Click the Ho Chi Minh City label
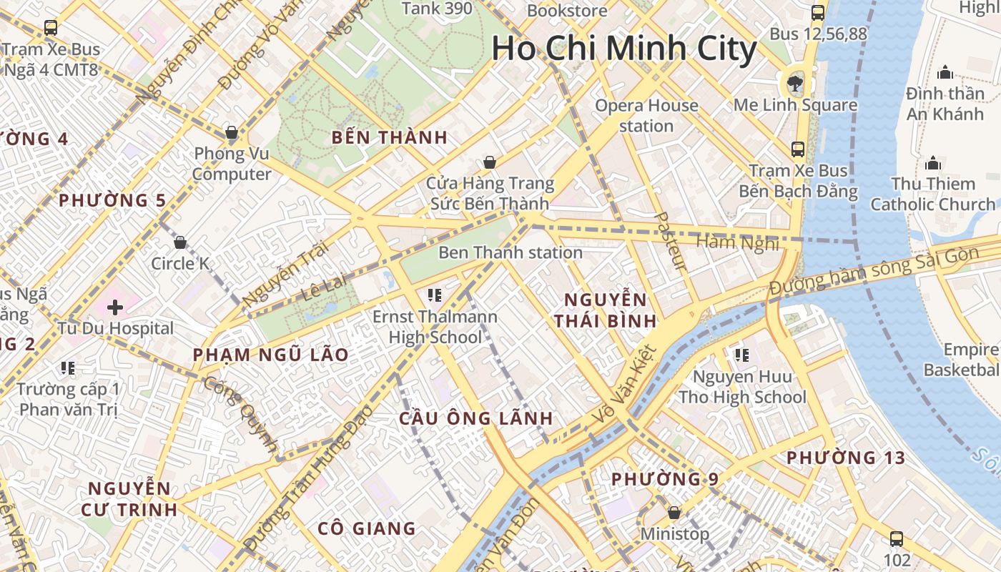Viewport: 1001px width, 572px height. coord(623,49)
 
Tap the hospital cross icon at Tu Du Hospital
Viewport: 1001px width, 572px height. coord(115,307)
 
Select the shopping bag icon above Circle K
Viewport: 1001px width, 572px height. coord(180,242)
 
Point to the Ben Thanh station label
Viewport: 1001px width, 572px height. coord(511,252)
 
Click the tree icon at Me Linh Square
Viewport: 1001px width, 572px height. coord(794,84)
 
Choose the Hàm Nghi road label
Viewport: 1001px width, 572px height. coord(737,243)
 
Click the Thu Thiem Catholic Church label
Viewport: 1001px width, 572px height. coord(933,194)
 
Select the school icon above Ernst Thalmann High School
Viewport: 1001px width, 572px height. coord(434,295)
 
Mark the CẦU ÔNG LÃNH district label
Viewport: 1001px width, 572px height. coord(476,418)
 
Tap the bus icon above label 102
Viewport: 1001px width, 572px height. coord(897,539)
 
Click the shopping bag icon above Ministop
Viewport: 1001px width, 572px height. coord(674,513)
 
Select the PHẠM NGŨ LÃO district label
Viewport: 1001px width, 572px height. coord(270,355)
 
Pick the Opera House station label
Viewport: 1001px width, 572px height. coord(646,116)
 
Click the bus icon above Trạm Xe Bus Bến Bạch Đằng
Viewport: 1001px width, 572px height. coord(798,149)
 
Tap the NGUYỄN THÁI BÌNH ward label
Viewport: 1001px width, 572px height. coord(605,310)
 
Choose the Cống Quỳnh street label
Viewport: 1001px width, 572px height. coord(240,415)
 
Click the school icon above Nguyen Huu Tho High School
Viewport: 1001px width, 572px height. coord(741,355)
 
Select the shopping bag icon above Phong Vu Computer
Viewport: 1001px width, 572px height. coord(231,132)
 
